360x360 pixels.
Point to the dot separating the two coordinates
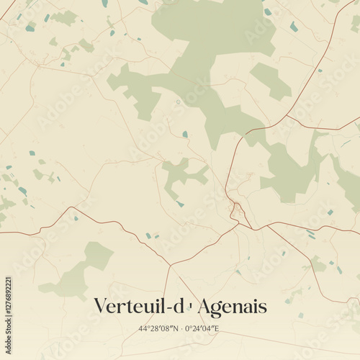pyautogui.click(x=180, y=329)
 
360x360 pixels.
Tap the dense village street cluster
pyautogui.click(x=237, y=211)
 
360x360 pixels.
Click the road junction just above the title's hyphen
pyautogui.click(x=170, y=266)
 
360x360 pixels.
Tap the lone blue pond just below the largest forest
pyautogui.click(x=185, y=134)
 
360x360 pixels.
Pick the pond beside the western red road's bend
pyautogui.click(x=75, y=217)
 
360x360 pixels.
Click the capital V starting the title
pyautogui.click(x=102, y=307)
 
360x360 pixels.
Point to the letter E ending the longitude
pyautogui.click(x=216, y=329)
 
